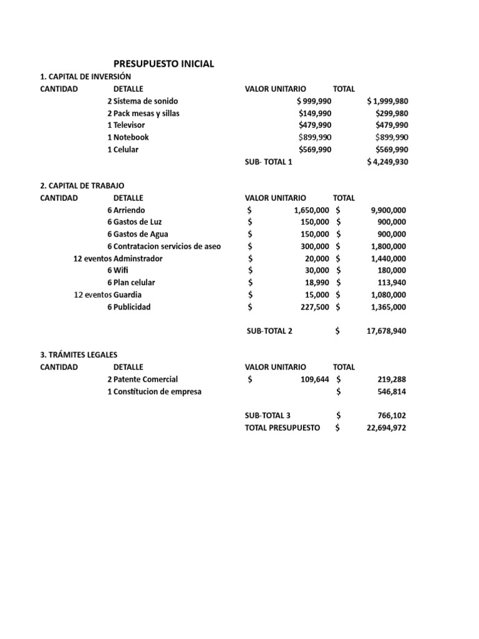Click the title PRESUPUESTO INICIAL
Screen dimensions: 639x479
163,64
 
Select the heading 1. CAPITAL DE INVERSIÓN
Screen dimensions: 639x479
86,77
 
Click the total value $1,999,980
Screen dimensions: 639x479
388,101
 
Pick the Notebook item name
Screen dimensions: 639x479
131,137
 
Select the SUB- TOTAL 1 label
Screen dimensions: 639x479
268,162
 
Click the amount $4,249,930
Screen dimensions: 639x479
388,162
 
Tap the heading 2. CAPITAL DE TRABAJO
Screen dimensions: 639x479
82,186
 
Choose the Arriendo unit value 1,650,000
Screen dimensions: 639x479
311,210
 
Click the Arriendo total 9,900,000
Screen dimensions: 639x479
388,210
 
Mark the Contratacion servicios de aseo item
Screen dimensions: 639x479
167,246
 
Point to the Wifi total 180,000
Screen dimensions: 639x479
392,270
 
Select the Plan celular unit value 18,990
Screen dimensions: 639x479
316,283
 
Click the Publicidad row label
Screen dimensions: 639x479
132,307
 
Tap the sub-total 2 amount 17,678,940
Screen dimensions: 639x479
385,331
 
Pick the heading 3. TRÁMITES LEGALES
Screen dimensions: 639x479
78,355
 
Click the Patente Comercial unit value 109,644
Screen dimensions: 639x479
314,379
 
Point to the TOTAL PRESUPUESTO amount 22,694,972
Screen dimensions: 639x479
385,428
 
